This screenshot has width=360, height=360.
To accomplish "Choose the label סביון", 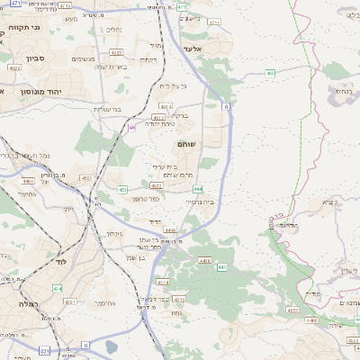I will click(33, 58).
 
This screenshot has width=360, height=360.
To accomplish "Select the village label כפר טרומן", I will click(146, 198).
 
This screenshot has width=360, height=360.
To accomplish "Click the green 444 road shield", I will click(197, 189).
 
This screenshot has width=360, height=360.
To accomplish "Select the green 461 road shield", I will click(157, 117).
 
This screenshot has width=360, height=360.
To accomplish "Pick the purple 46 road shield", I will click(131, 128).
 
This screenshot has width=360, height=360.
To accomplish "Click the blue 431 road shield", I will click(43, 350).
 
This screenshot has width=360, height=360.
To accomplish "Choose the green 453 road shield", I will click(122, 189).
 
